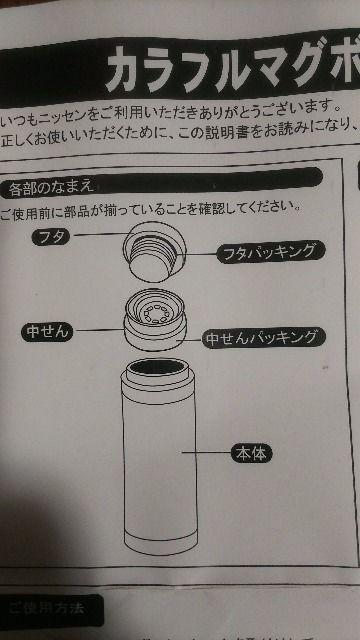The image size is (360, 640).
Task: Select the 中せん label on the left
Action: (48, 331)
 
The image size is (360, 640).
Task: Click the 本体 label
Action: (250, 453)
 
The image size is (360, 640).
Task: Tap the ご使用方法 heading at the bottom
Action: (46, 608)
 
